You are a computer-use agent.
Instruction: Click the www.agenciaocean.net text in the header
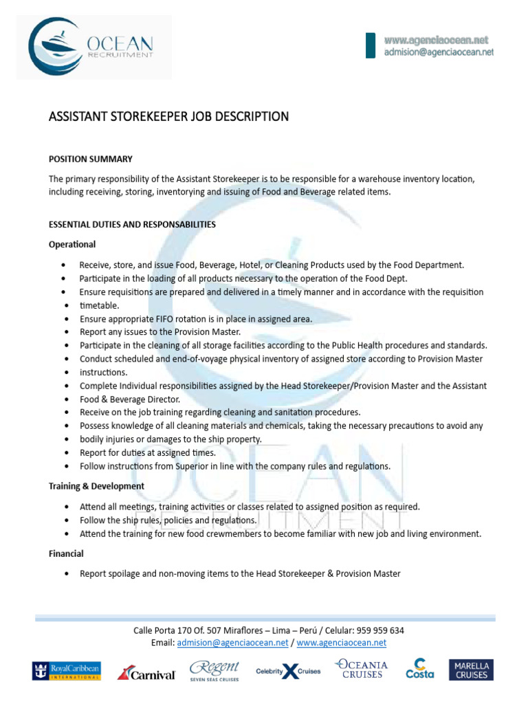pos(437,41)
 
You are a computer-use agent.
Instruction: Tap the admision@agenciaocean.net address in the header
pos(439,52)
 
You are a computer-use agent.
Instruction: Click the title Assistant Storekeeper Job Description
pos(168,117)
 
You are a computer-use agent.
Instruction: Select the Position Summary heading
pos(90,159)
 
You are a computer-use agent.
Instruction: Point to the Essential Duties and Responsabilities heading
pos(132,224)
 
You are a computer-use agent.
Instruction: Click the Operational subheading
pos(72,244)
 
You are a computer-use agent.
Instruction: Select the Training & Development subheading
pos(96,486)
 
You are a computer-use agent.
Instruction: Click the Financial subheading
pos(66,553)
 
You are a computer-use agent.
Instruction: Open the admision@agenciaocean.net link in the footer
pos(232,643)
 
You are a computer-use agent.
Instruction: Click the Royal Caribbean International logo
pos(66,671)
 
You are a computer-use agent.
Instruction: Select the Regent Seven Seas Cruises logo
pos(214,670)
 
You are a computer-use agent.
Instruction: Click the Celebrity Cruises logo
pos(288,672)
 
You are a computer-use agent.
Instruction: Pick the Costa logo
pos(419,670)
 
